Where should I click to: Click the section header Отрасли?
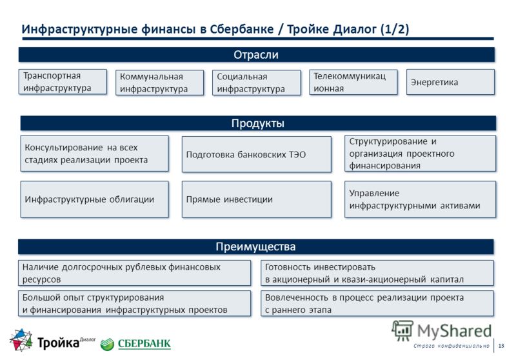tap(256, 55)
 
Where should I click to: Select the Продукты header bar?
tap(258, 123)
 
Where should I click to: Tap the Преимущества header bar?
tap(255, 246)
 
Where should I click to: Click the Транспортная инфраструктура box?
tap(63, 81)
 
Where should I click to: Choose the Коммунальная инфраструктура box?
tap(159, 83)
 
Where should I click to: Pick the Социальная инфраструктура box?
tap(257, 83)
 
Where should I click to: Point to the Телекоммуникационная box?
tap(353, 82)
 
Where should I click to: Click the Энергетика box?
tap(450, 82)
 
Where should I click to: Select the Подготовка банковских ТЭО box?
tap(257, 154)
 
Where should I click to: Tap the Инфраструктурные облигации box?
tap(94, 199)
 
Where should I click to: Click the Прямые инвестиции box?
tap(257, 199)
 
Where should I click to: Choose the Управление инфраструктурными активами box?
tap(421, 199)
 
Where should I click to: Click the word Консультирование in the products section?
tap(63, 148)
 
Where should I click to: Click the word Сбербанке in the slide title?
tap(241, 29)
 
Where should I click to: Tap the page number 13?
tap(501, 346)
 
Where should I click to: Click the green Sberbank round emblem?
tap(107, 345)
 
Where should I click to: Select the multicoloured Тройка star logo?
tap(21, 339)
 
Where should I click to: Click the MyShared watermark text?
tap(454, 331)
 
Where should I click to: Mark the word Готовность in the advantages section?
tap(287, 267)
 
